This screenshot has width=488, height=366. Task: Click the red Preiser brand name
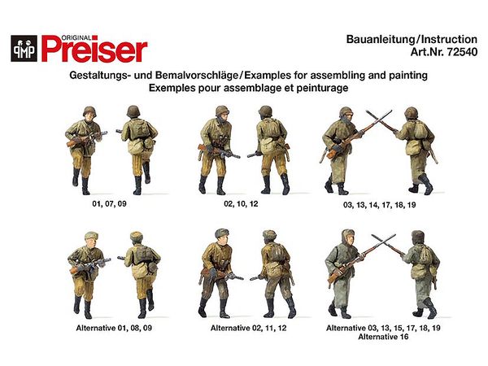[x=94, y=49]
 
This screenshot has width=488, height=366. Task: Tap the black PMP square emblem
[x=24, y=48]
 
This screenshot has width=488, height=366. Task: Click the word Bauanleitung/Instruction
[x=412, y=40]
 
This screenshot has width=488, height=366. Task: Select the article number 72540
[x=462, y=52]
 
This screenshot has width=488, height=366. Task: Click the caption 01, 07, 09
[x=109, y=204]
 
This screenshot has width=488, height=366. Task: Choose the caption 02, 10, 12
[x=241, y=204]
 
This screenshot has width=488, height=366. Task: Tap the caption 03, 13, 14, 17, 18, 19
[x=379, y=205]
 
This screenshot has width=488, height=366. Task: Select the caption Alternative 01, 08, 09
[x=114, y=328]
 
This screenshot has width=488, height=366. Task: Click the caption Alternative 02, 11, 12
[x=248, y=328]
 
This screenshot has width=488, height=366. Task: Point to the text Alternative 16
[x=383, y=337]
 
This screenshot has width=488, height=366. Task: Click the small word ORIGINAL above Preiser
[x=76, y=38]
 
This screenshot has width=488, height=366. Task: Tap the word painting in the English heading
[x=408, y=76]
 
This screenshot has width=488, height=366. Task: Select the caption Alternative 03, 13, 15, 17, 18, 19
[x=383, y=328]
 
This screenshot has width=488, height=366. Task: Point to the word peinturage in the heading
[x=322, y=88]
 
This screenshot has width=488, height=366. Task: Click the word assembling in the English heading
[x=338, y=76]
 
